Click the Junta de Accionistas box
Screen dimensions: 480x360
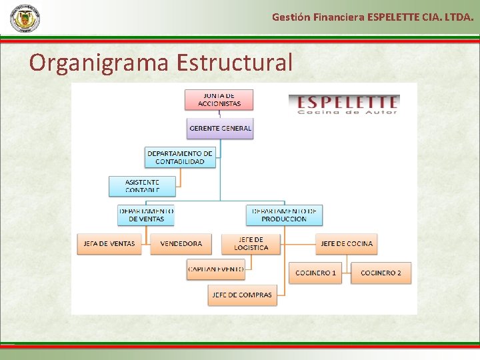pos(219,99)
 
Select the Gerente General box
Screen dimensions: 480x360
pos(220,128)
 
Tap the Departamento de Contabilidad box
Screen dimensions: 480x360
pos(180,157)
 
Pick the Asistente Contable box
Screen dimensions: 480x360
pos(143,186)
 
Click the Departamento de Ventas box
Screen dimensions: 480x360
pos(146,215)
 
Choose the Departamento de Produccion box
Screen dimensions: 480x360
pos(284,215)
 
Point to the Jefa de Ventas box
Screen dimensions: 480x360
pos(109,244)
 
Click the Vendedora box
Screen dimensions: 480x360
pos(181,244)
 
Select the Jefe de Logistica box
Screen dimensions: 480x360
pos(251,244)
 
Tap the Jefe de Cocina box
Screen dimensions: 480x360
pos(347,244)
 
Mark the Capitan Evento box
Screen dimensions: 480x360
pos(216,269)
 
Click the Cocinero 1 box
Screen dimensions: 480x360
pos(316,273)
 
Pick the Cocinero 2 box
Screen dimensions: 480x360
pos(381,273)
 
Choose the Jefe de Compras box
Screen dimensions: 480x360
pos(242,295)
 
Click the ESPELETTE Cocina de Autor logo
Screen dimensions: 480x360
pos(343,105)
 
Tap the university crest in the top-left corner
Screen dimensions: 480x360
pos(25,18)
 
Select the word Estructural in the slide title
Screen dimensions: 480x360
pos(234,62)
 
